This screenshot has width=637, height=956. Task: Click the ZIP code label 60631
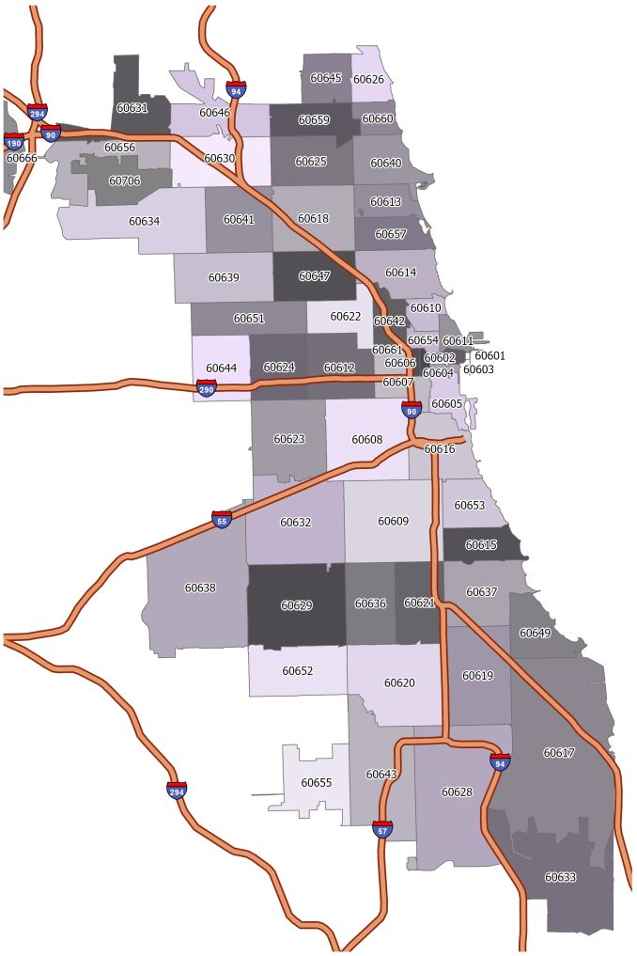tap(132, 108)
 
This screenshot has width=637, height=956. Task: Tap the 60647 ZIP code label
tap(314, 276)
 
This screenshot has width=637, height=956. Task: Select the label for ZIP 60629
tap(296, 605)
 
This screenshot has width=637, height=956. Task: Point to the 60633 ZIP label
tap(560, 877)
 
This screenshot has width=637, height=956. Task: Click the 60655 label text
tap(316, 782)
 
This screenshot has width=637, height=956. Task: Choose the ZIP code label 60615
tap(481, 545)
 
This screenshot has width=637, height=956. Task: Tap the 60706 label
tap(124, 180)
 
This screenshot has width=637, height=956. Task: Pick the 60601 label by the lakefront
tap(489, 355)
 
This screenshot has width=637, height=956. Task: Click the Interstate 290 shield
tap(206, 388)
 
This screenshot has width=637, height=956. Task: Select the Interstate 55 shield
tap(221, 520)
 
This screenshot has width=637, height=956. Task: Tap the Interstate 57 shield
tap(382, 829)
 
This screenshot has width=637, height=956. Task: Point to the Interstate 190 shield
tap(13, 142)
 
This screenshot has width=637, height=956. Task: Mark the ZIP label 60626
tap(367, 79)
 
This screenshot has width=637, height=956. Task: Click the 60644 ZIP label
tap(221, 368)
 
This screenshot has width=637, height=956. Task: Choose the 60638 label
tap(200, 588)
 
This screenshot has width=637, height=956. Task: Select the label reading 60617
tap(558, 753)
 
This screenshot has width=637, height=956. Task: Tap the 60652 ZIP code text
tap(297, 670)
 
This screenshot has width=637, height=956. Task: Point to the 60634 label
tap(144, 222)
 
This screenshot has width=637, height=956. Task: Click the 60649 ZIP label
tap(535, 633)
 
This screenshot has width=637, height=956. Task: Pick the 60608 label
tap(366, 439)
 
